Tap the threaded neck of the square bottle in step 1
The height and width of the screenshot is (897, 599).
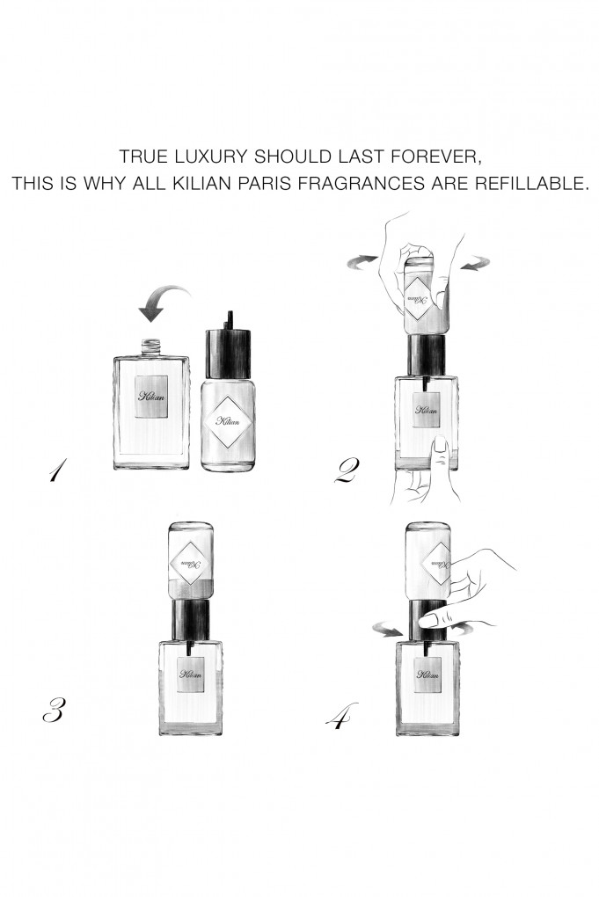click(151, 345)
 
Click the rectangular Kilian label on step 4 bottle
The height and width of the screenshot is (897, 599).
click(428, 675)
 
